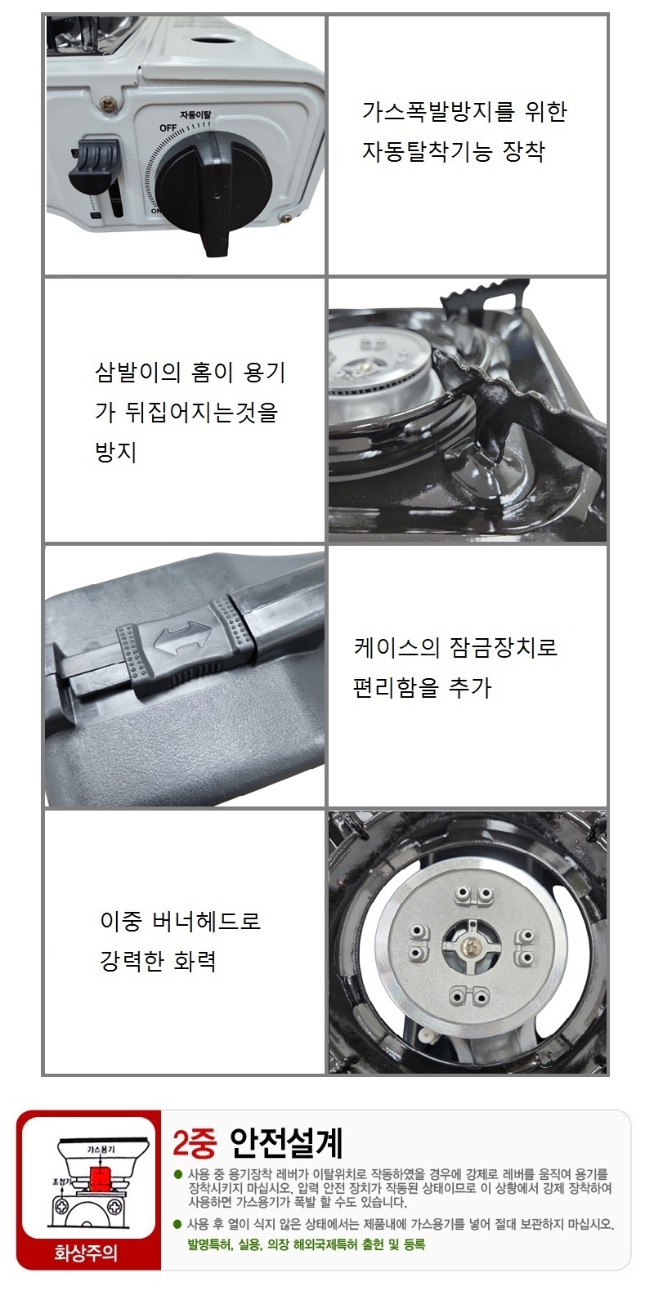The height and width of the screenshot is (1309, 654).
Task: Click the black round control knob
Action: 214,182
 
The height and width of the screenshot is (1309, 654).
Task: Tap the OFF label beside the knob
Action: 168,128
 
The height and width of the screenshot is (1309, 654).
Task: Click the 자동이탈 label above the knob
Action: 195,115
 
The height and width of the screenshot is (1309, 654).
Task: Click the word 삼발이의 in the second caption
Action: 138,373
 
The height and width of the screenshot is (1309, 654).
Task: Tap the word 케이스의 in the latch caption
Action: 396,647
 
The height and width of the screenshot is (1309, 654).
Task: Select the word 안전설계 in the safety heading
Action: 286,1143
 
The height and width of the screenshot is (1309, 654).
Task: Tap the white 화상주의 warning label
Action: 86,1253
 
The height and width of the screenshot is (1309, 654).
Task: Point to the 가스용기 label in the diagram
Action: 101,1150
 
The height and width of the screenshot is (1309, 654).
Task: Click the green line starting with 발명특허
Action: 307,1244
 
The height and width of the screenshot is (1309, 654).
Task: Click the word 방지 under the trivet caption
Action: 116,452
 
